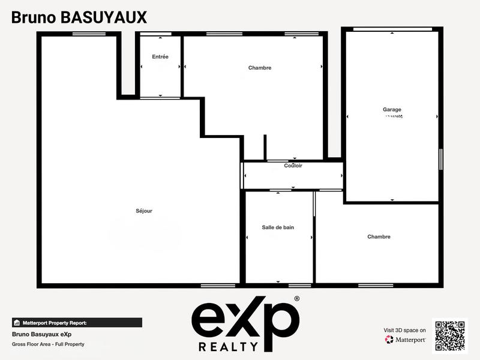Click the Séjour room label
click(x=144, y=211)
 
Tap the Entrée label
click(x=160, y=57)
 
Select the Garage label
click(x=392, y=110)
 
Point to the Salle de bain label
click(x=278, y=227)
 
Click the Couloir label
click(x=293, y=166)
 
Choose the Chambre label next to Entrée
click(x=260, y=68)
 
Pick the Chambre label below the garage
click(x=379, y=237)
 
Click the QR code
click(x=450, y=334)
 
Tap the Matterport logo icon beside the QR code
click(x=389, y=340)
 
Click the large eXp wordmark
click(x=244, y=318)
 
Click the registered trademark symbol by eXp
click(x=296, y=298)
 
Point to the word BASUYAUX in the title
click(x=104, y=17)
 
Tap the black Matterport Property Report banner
click(x=77, y=322)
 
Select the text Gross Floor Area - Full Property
click(x=48, y=344)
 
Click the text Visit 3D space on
click(x=404, y=330)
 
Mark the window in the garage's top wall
click(x=392, y=29)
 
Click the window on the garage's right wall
click(x=441, y=159)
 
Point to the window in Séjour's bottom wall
click(x=218, y=285)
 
